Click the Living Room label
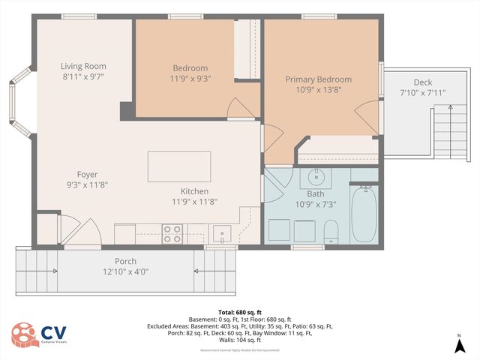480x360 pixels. [82, 66]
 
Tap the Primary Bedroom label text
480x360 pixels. [318, 79]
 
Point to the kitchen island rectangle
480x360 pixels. [179, 166]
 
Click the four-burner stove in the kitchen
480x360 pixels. [172, 234]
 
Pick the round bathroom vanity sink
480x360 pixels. [316, 178]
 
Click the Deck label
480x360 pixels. [423, 82]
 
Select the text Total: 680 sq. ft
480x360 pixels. [240, 311]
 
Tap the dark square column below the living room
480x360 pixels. [127, 109]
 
